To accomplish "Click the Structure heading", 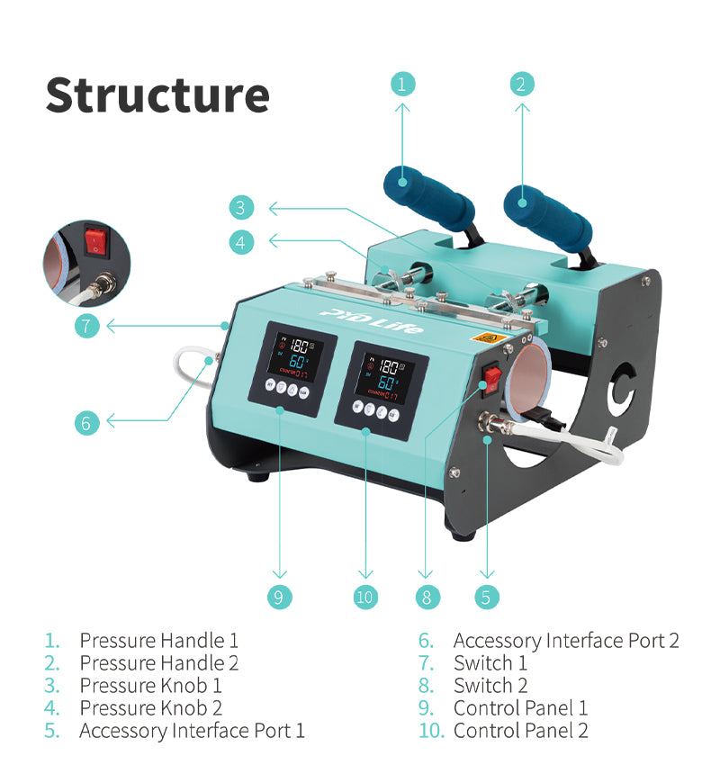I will [x=157, y=94].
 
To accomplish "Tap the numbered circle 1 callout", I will [x=402, y=84].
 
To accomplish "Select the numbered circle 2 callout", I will [x=519, y=84].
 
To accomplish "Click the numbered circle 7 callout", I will [x=86, y=325].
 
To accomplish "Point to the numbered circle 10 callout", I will [x=365, y=597].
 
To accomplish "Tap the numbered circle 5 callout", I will [x=486, y=597].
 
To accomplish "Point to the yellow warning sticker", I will [x=488, y=340].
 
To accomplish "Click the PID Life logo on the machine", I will [x=371, y=319].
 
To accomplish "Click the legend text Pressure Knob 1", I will [x=150, y=686].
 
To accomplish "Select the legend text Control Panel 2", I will [x=520, y=731].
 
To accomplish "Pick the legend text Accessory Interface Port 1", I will [x=192, y=731].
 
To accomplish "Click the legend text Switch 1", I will [x=490, y=663].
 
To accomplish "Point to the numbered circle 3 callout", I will [x=240, y=208].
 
